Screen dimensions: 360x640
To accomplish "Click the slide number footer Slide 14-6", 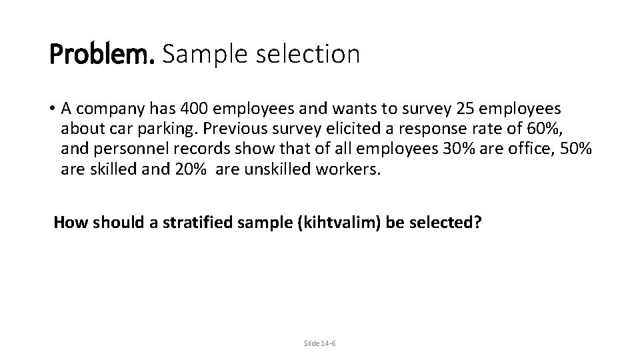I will [320, 343].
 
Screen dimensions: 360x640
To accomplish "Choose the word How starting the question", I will [67, 223].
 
